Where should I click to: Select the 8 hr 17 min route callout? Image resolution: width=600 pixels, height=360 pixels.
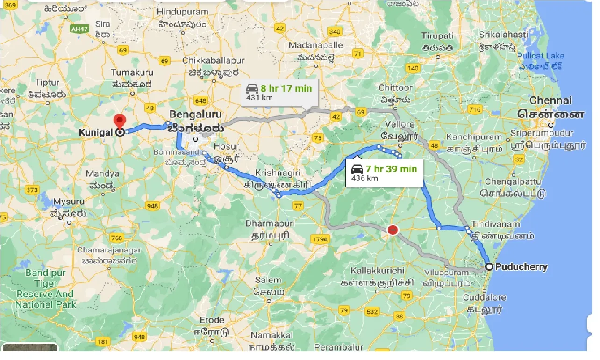click(279, 92)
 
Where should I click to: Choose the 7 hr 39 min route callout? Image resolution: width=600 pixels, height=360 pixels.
click(384, 173)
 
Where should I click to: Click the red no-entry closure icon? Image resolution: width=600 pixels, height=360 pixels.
click(393, 230)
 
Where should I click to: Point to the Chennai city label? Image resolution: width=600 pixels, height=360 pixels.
click(550, 101)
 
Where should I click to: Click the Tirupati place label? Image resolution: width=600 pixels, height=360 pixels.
click(437, 36)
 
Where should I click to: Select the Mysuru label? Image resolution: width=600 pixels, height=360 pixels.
click(68, 202)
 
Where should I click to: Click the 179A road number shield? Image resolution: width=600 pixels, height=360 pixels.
click(320, 239)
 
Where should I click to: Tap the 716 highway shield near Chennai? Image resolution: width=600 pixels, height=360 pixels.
click(475, 109)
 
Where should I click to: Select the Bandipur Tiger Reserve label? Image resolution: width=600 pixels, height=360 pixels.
click(45, 288)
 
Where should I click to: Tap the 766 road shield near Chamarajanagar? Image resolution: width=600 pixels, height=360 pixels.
click(117, 238)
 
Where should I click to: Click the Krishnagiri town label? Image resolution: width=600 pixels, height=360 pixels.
click(278, 173)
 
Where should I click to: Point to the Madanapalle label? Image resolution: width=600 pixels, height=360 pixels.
click(315, 45)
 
